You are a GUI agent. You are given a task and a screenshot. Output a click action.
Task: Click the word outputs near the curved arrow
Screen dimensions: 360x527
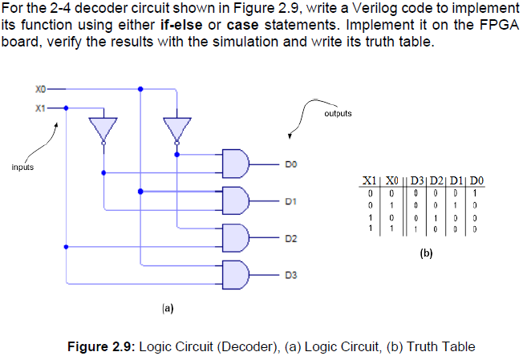pos(338,114)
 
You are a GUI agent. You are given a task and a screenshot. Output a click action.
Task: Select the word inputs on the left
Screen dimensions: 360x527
pos(22,168)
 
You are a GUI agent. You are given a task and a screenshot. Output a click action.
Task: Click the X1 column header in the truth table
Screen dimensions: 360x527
pos(368,182)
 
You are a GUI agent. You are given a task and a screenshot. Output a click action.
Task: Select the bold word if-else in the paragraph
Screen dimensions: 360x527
pos(185,24)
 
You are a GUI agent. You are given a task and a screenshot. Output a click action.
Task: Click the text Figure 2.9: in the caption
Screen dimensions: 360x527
pos(101,346)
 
